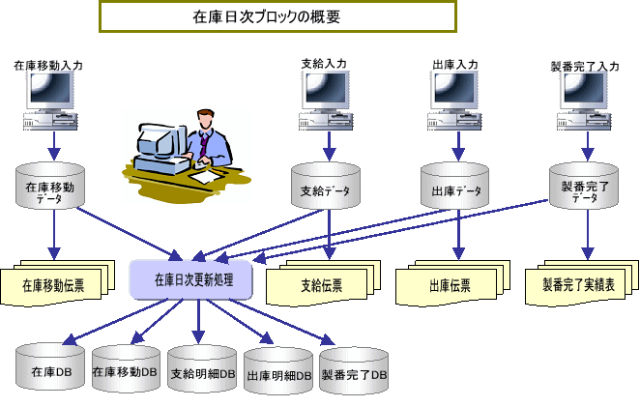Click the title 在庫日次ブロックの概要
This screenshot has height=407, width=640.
278,16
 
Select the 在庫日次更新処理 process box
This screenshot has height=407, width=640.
191,278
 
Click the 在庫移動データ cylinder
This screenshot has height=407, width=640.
55,187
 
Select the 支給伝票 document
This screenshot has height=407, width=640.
322,282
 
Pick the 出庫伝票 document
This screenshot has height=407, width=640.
450,282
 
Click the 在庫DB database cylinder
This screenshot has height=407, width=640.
48,367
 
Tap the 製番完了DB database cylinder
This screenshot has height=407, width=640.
354,371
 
